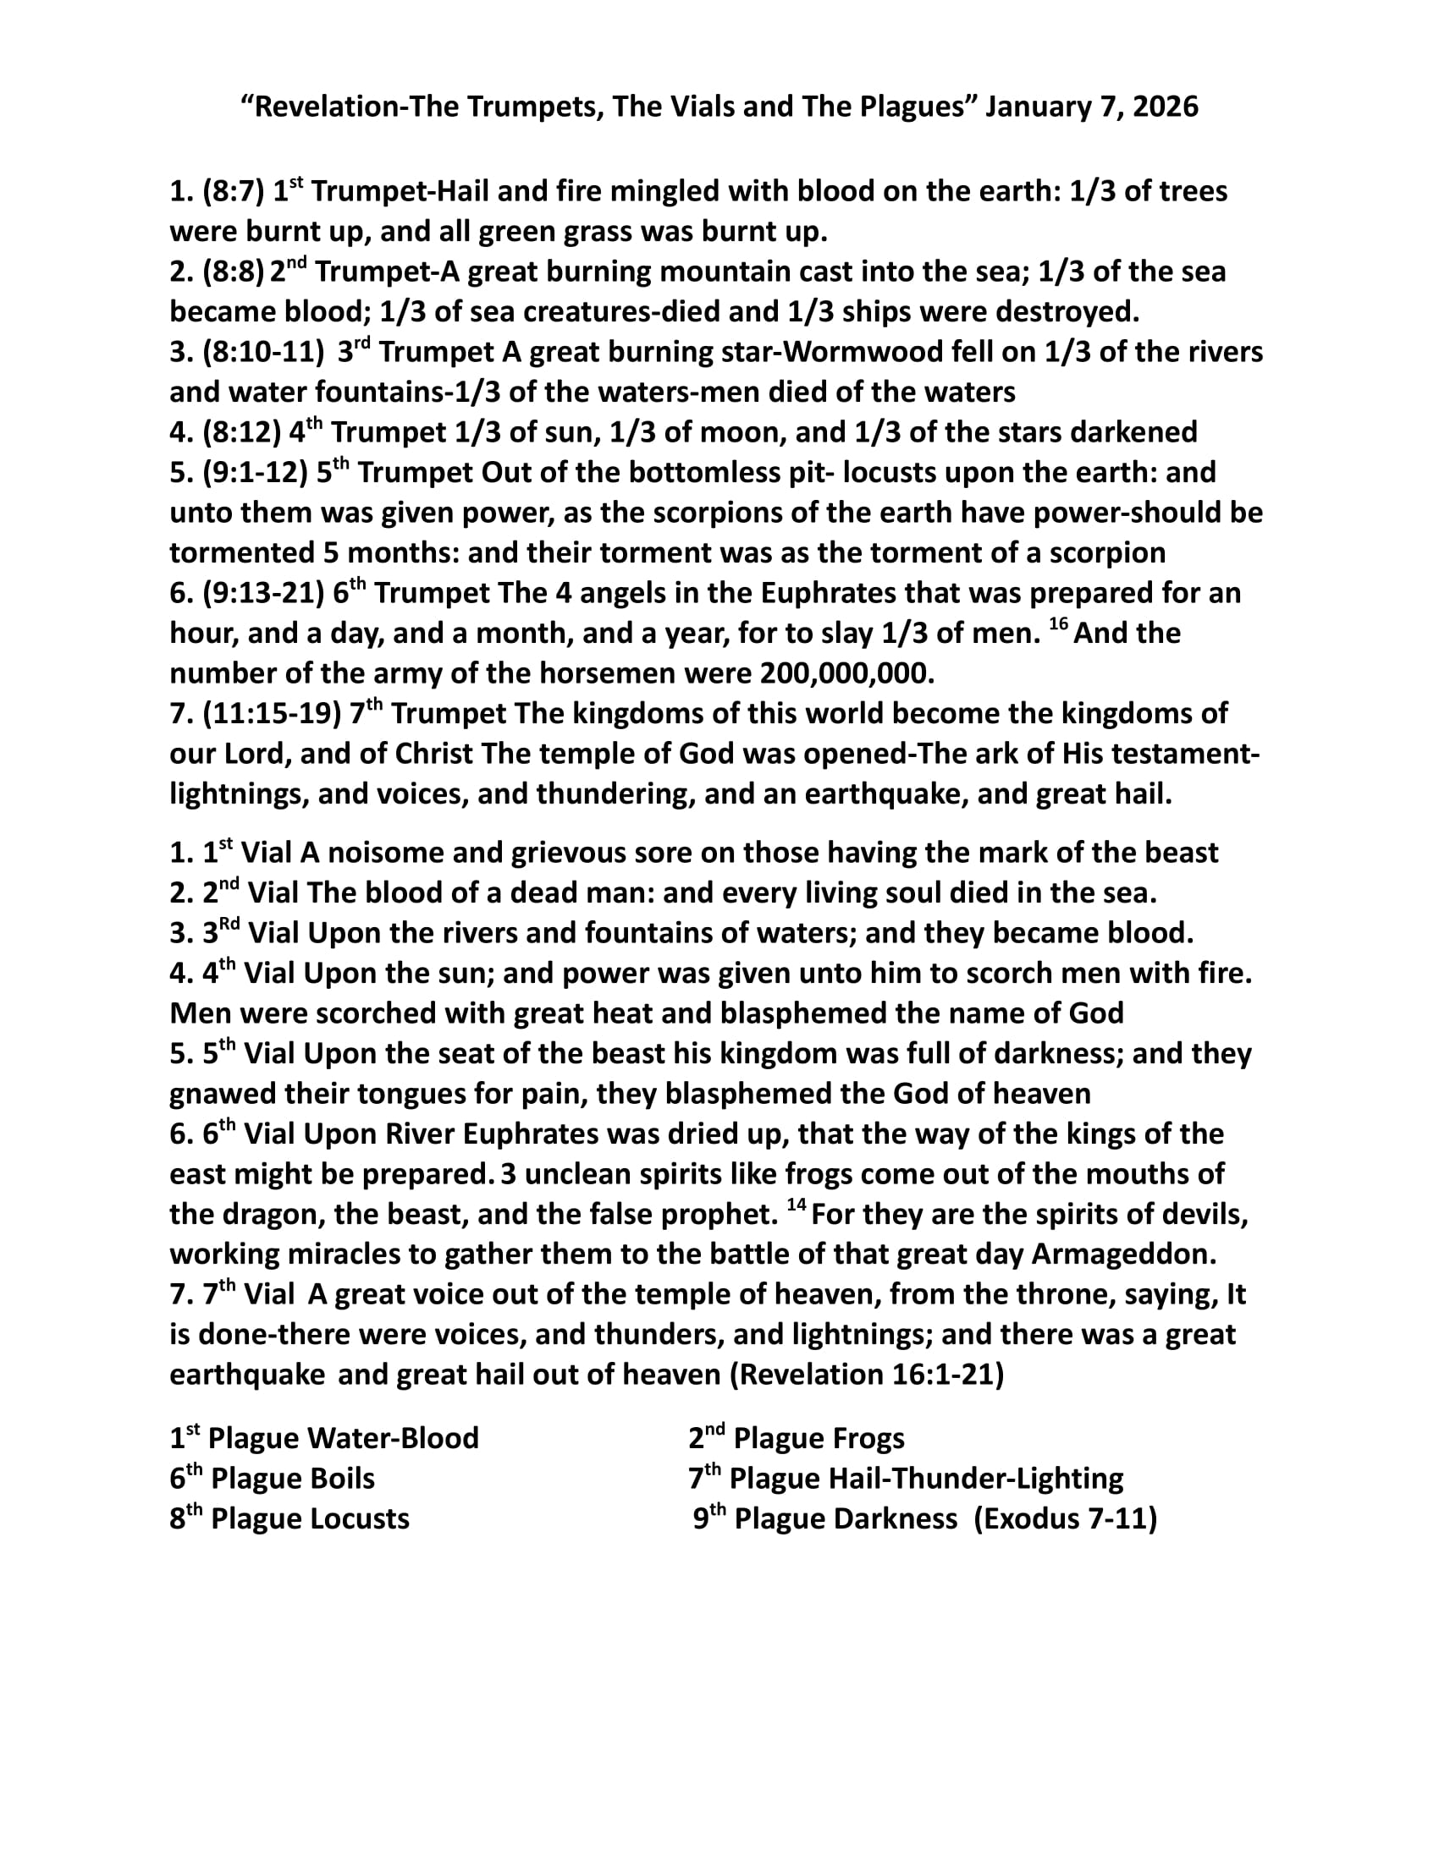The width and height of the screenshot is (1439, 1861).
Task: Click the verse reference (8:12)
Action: pyautogui.click(x=242, y=432)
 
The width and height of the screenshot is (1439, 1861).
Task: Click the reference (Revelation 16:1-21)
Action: pyautogui.click(x=867, y=1375)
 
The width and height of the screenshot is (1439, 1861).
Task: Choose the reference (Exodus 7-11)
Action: pyautogui.click(x=1065, y=1518)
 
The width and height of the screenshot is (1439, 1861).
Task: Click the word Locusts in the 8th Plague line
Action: pyautogui.click(x=363, y=1518)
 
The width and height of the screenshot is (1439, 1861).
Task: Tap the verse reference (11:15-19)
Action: pyautogui.click(x=272, y=713)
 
